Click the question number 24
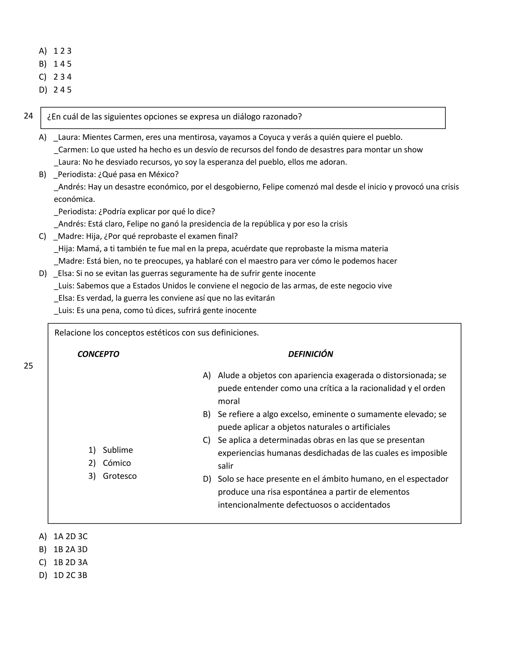(x=28, y=116)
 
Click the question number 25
(x=28, y=366)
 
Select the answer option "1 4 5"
(x=62, y=64)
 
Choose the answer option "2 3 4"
(x=62, y=77)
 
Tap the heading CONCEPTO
(x=98, y=354)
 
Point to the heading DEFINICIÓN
(x=310, y=354)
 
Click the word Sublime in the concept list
(x=118, y=450)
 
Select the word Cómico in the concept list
(x=117, y=463)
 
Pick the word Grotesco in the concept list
(x=120, y=476)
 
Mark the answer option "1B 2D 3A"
(x=70, y=563)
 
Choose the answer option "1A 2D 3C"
(x=70, y=536)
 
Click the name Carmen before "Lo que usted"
(x=73, y=150)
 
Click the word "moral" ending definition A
(x=228, y=401)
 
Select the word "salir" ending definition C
(x=225, y=466)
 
